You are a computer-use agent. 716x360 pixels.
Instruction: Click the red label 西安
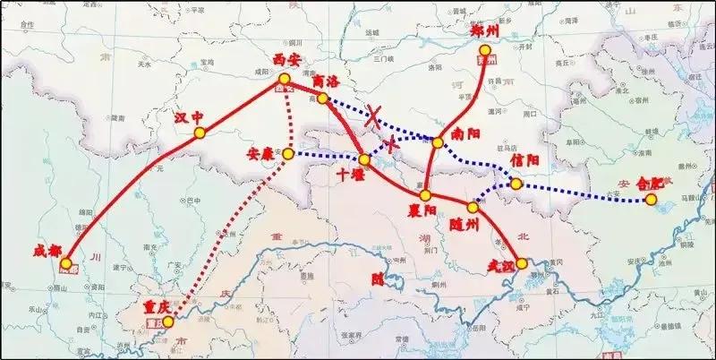[286, 64]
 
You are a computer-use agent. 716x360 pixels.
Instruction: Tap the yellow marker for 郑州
[486, 60]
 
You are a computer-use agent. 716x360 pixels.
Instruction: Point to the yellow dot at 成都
[65, 263]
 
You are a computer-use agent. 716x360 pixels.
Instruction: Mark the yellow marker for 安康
[288, 154]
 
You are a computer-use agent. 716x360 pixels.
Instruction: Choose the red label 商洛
[327, 81]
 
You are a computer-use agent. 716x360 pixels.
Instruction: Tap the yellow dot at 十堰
[364, 160]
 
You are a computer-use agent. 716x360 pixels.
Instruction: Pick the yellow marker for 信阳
[516, 184]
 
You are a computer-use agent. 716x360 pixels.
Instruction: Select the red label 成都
[46, 252]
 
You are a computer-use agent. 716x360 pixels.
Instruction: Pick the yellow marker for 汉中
[199, 133]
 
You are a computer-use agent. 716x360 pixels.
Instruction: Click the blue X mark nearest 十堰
[390, 143]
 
